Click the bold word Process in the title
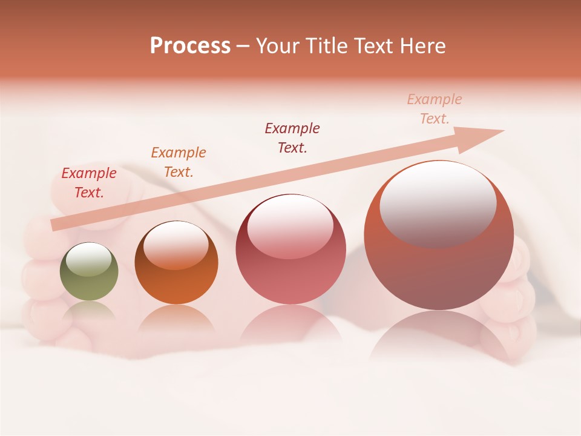190,46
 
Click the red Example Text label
89,183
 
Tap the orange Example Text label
179,162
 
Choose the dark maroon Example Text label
292,137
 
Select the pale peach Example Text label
435,109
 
